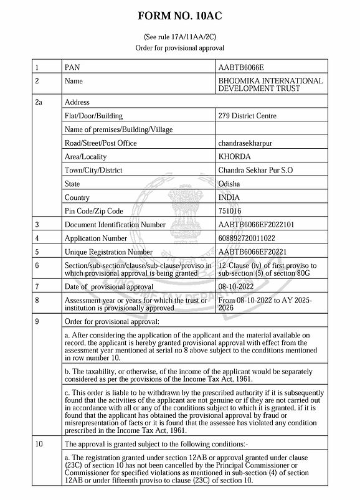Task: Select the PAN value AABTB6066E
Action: (x=242, y=67)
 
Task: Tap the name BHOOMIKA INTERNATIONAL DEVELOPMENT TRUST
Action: (x=270, y=85)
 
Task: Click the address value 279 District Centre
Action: (x=248, y=116)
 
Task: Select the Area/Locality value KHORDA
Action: (x=235, y=156)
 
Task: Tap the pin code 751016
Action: (x=230, y=211)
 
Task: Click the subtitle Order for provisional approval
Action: (x=179, y=48)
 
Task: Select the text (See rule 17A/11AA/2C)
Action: (x=179, y=37)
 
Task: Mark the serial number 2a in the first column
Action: (x=39, y=102)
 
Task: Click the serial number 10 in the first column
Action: (x=40, y=444)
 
